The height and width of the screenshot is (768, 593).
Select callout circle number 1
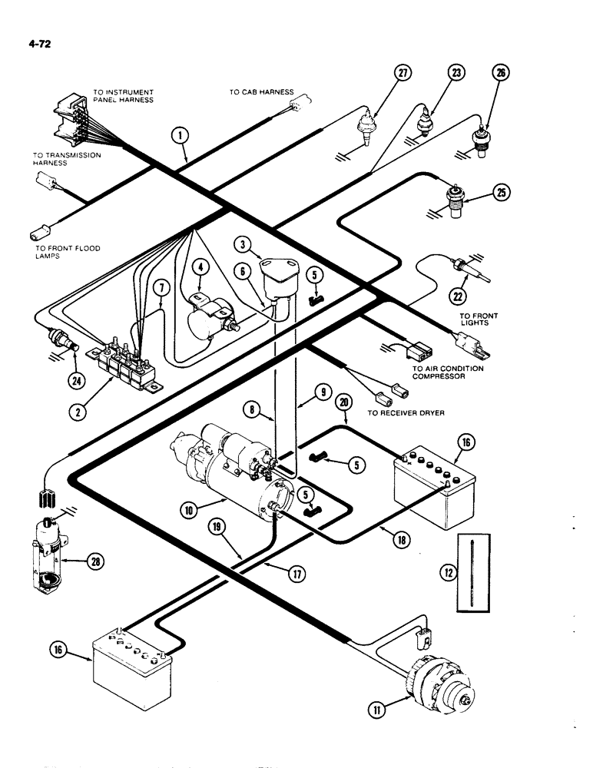click(179, 137)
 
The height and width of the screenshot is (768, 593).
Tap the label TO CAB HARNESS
click(261, 92)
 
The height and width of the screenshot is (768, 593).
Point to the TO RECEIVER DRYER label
click(406, 412)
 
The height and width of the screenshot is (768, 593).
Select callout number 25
click(501, 193)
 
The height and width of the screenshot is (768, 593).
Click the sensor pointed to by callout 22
click(470, 270)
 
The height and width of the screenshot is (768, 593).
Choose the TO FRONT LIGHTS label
click(479, 319)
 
